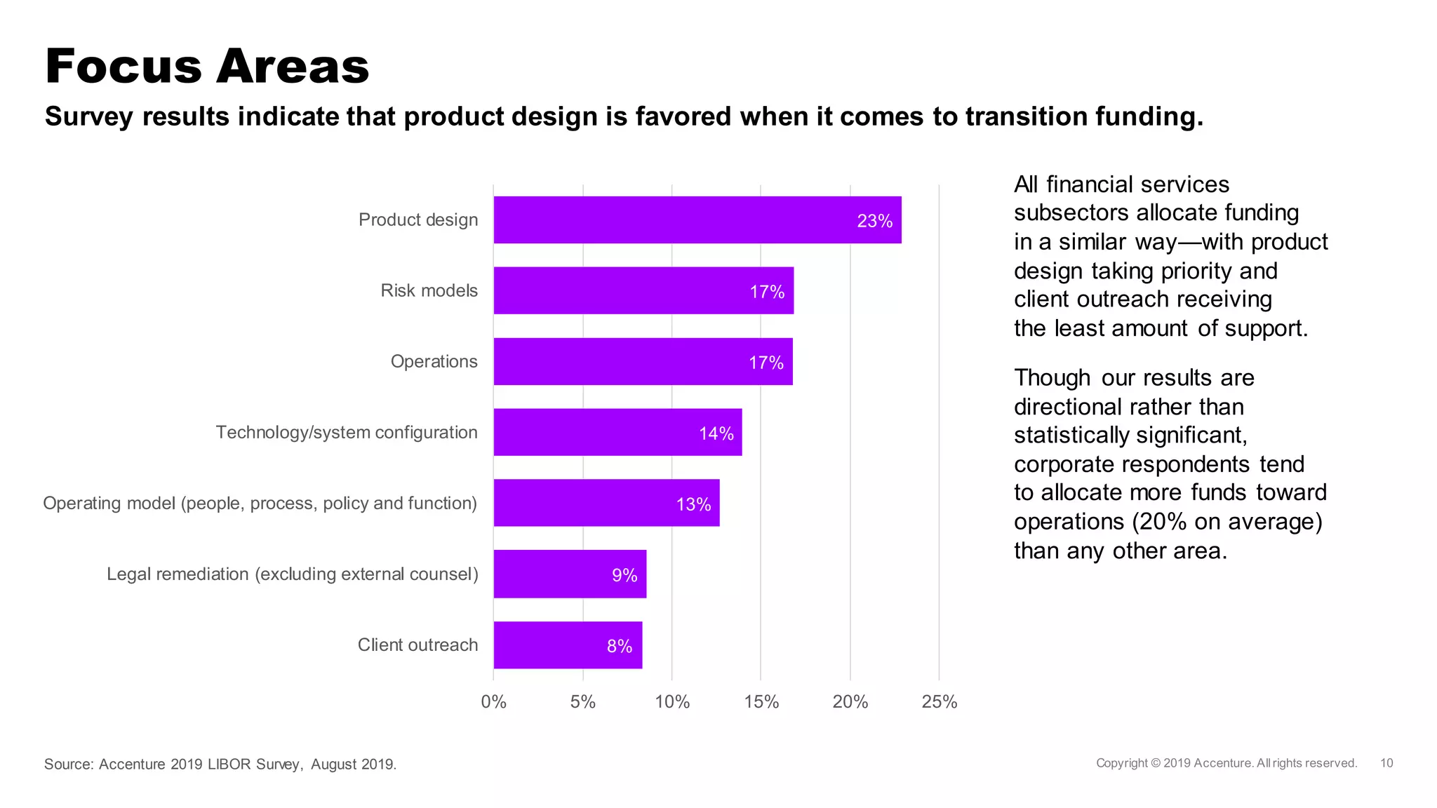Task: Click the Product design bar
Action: click(x=697, y=220)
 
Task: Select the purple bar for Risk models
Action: click(x=643, y=290)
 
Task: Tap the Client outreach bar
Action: click(x=568, y=645)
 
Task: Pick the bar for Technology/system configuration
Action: click(x=617, y=432)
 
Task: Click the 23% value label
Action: click(x=874, y=221)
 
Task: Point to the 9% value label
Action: click(x=624, y=575)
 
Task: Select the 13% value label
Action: click(x=693, y=504)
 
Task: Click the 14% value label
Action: click(x=716, y=433)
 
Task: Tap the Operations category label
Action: click(x=434, y=361)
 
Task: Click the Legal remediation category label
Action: click(x=292, y=574)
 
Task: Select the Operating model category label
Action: click(x=260, y=503)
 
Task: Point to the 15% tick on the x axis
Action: click(x=761, y=701)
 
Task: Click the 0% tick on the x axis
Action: click(x=493, y=701)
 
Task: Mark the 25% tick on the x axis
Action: click(x=939, y=701)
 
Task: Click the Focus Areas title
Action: click(x=207, y=67)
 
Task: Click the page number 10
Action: click(x=1386, y=763)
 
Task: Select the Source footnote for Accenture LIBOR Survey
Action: click(x=220, y=764)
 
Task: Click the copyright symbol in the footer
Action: click(x=1156, y=763)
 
